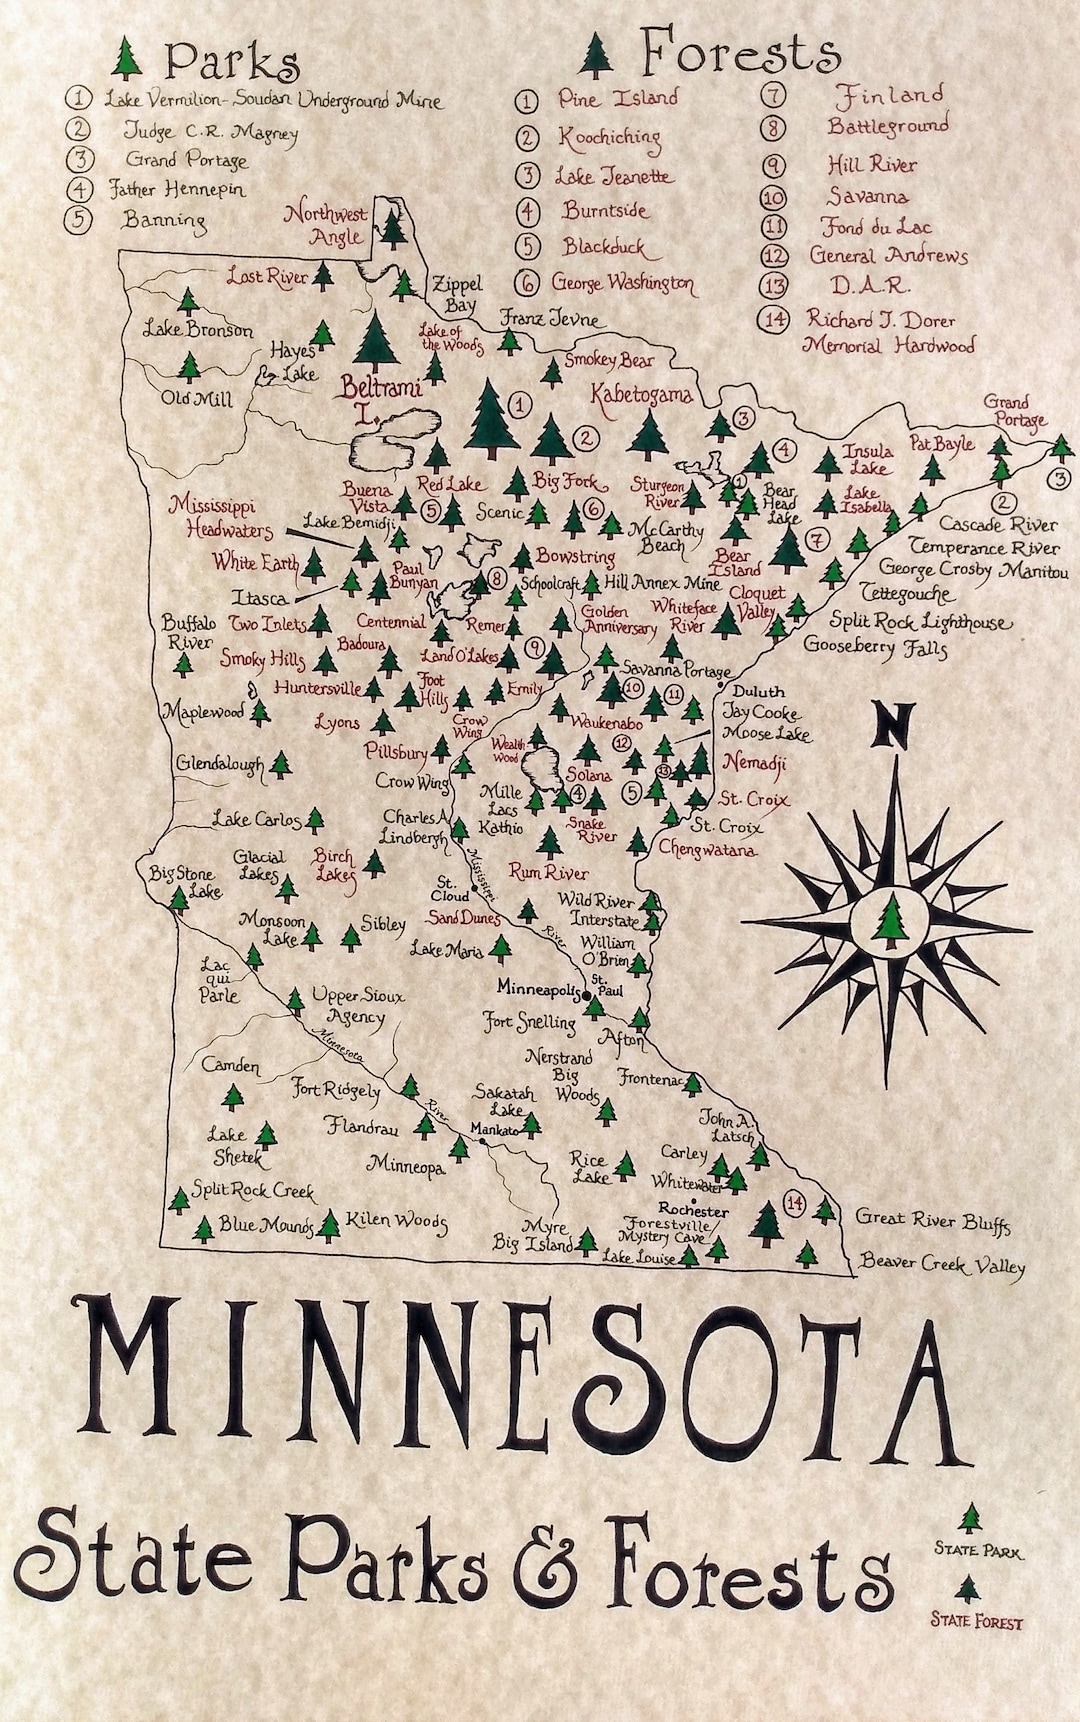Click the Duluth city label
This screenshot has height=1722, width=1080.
(759, 691)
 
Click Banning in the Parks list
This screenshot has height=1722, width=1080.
(164, 220)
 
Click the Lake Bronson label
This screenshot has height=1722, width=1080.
(197, 329)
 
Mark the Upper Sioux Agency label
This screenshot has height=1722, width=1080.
(348, 1006)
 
